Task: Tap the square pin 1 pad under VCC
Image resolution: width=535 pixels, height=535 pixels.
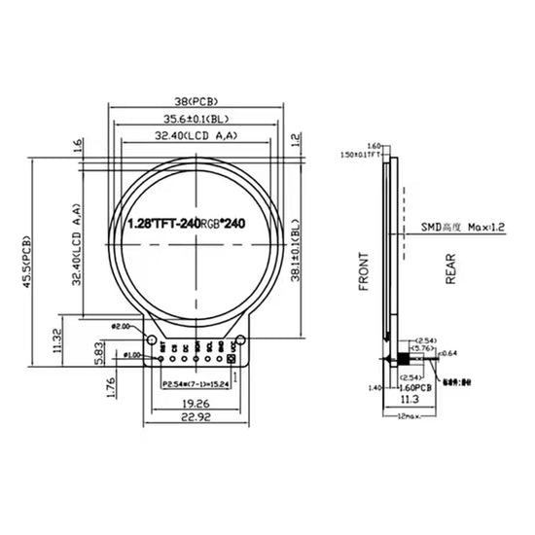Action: tap(232, 358)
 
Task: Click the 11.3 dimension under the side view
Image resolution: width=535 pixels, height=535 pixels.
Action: tap(410, 399)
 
